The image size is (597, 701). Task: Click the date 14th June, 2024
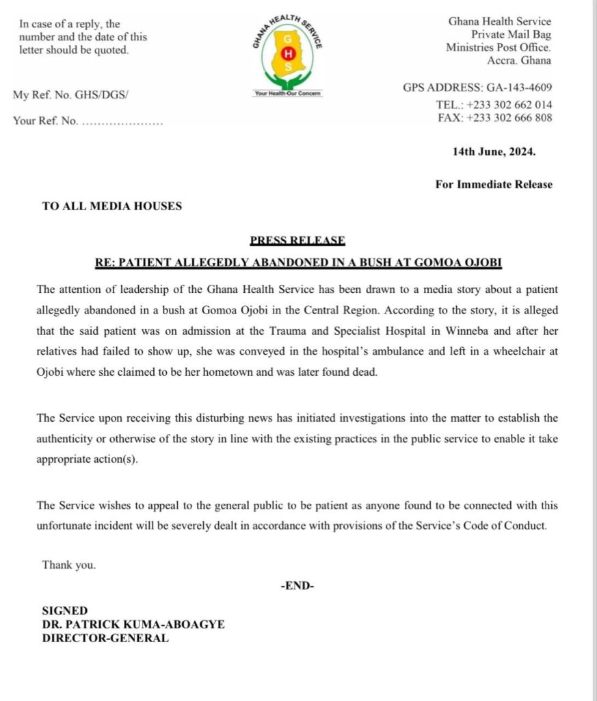pos(494,152)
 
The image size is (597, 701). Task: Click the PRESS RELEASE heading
pos(297,240)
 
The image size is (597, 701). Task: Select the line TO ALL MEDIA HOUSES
pos(112,205)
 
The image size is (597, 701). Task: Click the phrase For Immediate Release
pos(494,184)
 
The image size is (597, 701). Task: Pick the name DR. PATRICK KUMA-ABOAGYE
pos(133,624)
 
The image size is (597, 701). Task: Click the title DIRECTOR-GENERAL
pos(105,638)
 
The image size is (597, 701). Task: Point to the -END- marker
pos(297,585)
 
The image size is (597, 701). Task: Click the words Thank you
pos(69,565)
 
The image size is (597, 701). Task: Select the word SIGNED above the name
pos(65,611)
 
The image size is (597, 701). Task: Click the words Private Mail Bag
pos(511,34)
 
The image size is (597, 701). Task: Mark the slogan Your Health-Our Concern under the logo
pos(288,93)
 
